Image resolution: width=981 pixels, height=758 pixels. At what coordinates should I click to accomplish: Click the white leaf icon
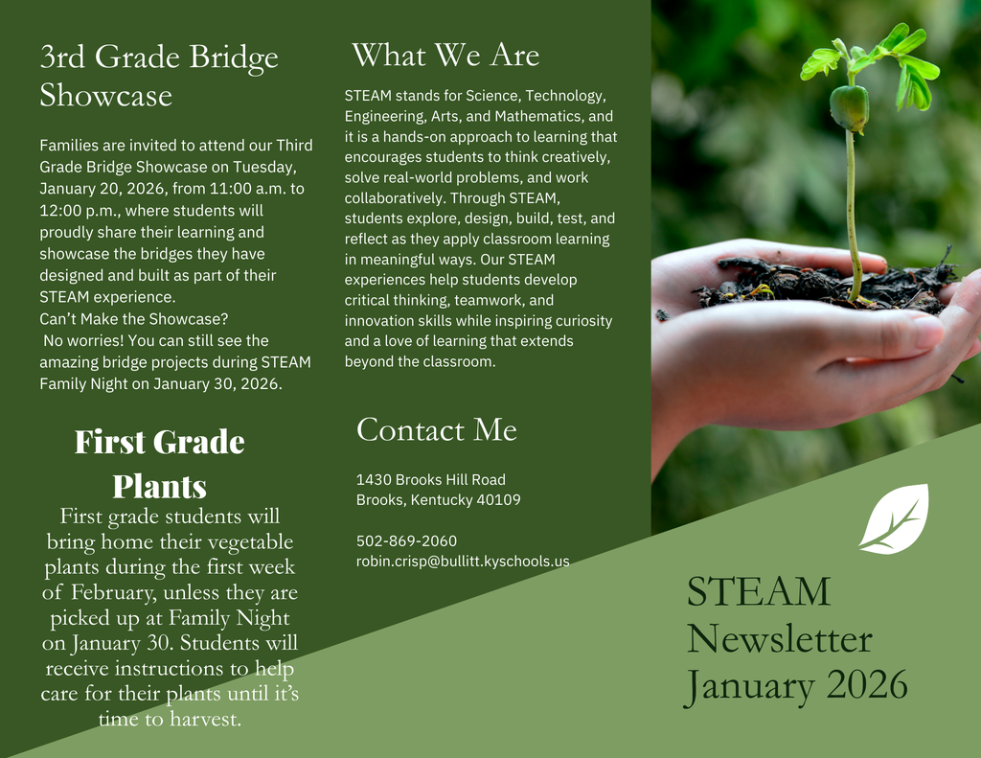[894, 518]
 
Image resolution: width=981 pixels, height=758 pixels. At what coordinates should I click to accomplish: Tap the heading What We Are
[445, 55]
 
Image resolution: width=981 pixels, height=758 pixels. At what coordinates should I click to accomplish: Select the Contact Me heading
[436, 429]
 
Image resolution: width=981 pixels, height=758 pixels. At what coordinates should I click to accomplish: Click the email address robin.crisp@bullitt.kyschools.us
[463, 562]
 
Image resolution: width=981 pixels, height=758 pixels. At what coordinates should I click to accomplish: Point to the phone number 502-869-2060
[406, 540]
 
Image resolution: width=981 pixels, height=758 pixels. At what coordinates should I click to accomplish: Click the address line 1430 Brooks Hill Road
[430, 479]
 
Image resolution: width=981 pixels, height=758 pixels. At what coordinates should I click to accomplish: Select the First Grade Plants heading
[160, 464]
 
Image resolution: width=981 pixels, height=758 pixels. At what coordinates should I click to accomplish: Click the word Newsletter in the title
[779, 639]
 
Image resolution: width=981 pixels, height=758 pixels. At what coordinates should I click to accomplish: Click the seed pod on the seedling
[849, 107]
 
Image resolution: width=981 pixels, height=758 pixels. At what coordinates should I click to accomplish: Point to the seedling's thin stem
[851, 211]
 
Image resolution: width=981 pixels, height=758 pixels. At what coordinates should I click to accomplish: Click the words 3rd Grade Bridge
[159, 57]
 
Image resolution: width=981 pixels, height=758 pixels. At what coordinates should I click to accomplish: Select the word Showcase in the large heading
[105, 96]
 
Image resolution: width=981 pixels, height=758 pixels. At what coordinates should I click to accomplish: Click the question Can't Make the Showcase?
[133, 318]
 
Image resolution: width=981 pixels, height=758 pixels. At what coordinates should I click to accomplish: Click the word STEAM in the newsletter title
[759, 592]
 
